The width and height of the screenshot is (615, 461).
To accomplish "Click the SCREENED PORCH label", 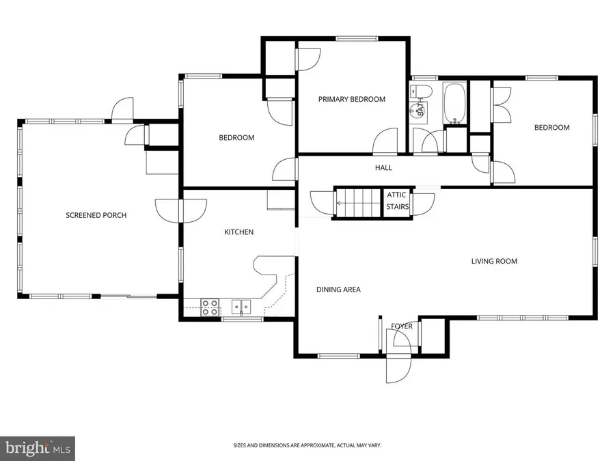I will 96,215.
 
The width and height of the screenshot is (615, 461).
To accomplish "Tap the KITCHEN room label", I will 239,232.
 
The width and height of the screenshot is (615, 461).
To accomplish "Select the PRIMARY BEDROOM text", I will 352,99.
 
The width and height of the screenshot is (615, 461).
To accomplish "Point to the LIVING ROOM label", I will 494,261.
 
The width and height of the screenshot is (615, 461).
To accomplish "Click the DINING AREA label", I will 338,290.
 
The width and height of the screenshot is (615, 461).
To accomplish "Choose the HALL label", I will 383,167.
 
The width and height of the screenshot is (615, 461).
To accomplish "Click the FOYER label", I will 402,326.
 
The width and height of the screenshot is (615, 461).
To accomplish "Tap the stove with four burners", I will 210,308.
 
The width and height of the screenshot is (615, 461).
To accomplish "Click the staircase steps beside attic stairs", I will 356,202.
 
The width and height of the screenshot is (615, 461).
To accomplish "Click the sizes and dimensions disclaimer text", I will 307,445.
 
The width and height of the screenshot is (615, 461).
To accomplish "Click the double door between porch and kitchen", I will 180,208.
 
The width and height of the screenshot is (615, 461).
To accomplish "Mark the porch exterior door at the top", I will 124,110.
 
